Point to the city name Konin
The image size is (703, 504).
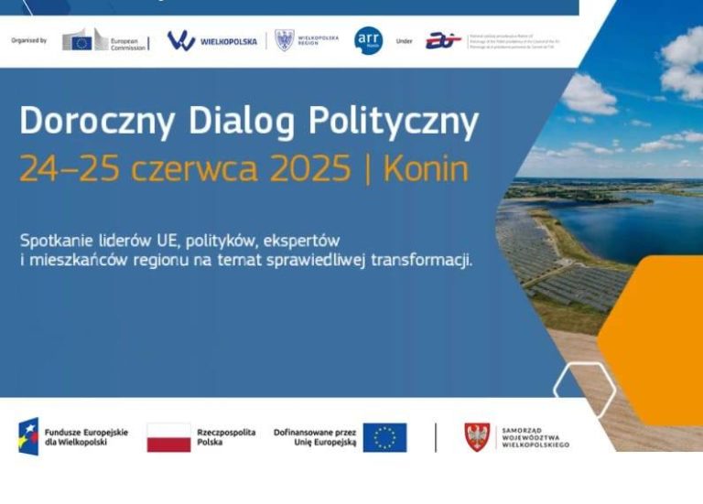click(426, 169)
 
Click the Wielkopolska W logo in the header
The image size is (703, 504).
click(181, 40)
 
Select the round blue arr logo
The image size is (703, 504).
click(368, 40)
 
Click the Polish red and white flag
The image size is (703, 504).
click(168, 437)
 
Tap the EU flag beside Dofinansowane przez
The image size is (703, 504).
click(384, 437)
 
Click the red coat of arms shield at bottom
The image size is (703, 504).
click(477, 436)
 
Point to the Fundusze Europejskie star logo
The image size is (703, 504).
click(28, 436)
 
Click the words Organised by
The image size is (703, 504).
click(29, 40)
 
